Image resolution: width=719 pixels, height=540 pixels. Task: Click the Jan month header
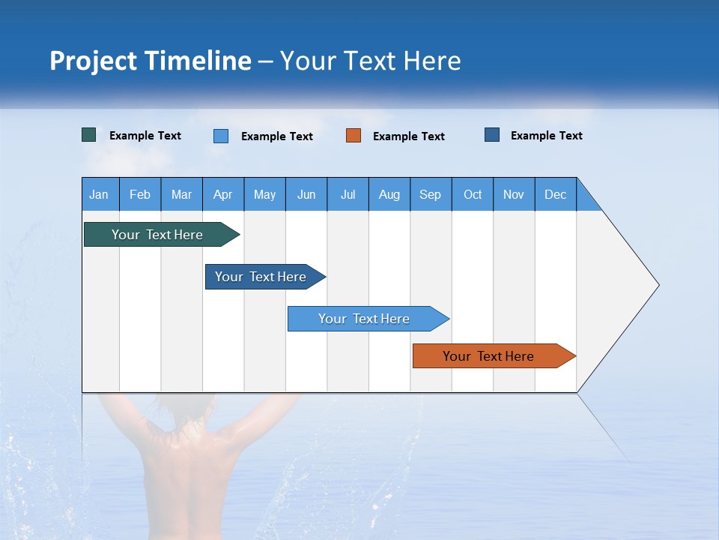point(99,194)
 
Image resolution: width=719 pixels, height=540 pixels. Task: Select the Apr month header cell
point(222,194)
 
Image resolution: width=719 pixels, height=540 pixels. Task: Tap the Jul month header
point(348,194)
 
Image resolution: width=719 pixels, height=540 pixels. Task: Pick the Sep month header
point(430,194)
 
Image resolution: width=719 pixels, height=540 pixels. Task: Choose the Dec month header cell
point(555,194)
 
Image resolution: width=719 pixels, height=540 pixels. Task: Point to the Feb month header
point(140,194)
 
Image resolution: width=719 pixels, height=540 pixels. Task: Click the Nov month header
point(513,194)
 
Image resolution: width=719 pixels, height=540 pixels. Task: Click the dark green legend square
point(89,135)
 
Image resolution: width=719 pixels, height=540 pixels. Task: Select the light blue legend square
point(221,136)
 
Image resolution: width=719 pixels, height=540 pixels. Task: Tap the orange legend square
point(354,136)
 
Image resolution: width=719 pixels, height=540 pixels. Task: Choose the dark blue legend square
point(492,135)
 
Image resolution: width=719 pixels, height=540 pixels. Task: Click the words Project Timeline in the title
point(151,61)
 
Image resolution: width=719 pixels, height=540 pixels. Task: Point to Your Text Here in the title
point(371,61)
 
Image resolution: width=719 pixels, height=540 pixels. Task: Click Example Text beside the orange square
point(408,136)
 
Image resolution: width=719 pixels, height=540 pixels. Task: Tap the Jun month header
point(306,194)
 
